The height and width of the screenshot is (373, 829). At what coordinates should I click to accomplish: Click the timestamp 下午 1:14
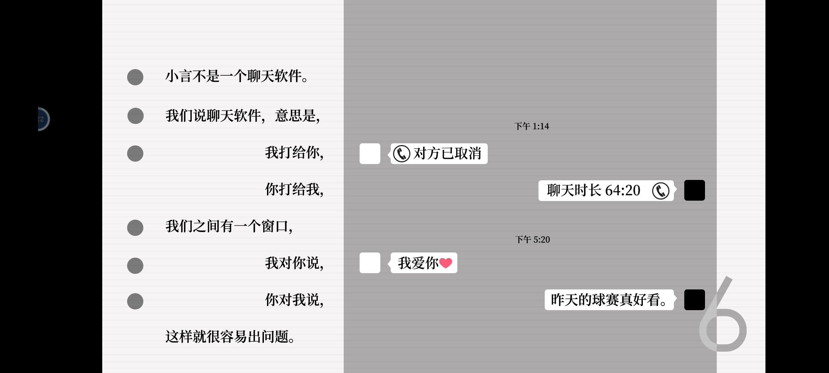(532, 126)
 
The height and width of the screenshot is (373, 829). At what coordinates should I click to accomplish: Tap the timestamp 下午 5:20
(532, 240)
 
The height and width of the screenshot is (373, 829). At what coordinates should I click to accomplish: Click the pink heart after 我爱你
(446, 263)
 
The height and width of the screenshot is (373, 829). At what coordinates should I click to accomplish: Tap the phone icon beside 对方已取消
(402, 154)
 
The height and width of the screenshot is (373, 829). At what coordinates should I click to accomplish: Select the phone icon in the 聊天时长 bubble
(660, 191)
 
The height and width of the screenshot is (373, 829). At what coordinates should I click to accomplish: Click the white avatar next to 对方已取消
(370, 154)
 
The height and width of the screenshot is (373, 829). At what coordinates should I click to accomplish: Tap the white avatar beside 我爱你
(370, 263)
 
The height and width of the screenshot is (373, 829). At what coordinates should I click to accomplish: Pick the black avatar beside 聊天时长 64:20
(695, 190)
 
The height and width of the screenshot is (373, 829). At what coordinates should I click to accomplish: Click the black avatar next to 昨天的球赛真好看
(695, 300)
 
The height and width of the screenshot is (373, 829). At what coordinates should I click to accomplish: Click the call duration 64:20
(623, 190)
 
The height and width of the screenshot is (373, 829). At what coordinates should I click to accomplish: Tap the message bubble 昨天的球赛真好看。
(609, 300)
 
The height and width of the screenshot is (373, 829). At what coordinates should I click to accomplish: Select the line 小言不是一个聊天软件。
(237, 76)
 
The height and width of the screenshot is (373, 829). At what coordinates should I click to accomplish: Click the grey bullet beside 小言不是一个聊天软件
(135, 77)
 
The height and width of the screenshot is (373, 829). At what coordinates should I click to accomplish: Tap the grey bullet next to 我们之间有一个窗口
(135, 228)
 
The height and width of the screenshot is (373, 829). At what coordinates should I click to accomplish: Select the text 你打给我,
(294, 189)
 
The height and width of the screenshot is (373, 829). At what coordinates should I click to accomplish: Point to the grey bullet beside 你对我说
(135, 301)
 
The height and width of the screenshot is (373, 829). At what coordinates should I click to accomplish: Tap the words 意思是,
(297, 116)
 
